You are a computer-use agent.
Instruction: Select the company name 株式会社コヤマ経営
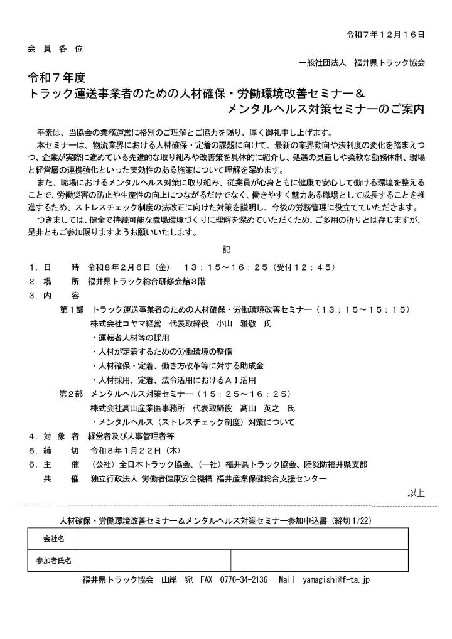coord(126,324)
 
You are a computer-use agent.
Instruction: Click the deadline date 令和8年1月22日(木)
coord(136,450)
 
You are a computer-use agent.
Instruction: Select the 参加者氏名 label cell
coord(53,559)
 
